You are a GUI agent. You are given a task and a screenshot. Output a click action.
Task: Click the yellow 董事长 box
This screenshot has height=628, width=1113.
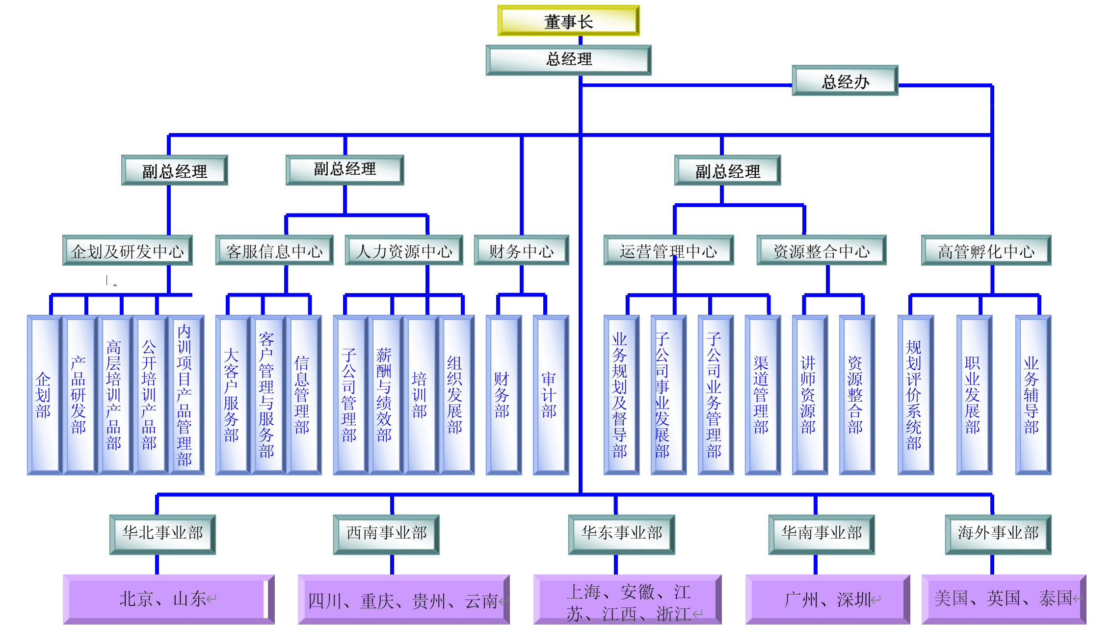(x=568, y=21)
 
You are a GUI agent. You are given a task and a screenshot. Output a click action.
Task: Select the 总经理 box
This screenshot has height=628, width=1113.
(x=568, y=60)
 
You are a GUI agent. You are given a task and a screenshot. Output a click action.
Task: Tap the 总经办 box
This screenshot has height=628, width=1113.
(x=845, y=81)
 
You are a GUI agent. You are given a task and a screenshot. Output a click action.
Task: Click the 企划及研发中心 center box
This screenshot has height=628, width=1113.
(x=127, y=251)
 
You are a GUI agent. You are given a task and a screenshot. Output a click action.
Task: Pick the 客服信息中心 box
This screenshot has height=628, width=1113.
(x=274, y=251)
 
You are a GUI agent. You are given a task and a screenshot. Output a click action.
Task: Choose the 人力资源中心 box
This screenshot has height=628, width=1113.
(x=404, y=251)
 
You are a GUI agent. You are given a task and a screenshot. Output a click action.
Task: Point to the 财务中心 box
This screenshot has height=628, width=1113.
(x=521, y=251)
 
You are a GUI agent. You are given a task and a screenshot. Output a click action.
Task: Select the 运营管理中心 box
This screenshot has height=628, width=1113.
(x=668, y=251)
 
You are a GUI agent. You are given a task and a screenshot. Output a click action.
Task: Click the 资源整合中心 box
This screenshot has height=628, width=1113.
(x=821, y=251)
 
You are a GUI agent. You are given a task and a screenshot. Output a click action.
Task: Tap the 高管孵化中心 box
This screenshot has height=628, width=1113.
(x=986, y=251)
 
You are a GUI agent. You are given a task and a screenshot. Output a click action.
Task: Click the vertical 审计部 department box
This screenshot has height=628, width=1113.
(x=550, y=395)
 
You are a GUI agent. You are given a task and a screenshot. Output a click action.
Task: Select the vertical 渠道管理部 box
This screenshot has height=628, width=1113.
(x=762, y=395)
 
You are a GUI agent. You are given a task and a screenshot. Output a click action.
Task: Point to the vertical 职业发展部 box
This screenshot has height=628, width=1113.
(x=974, y=395)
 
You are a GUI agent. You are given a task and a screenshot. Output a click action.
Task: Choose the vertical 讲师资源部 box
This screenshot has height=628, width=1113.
(x=809, y=395)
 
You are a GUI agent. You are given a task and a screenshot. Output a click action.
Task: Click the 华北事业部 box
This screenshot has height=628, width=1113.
(x=162, y=534)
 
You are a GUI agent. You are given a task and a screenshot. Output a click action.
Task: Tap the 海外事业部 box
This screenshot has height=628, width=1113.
(x=998, y=534)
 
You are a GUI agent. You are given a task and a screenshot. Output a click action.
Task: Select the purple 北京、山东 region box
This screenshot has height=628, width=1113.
(x=168, y=599)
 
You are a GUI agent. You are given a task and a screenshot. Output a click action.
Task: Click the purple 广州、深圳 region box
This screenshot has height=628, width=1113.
(x=827, y=599)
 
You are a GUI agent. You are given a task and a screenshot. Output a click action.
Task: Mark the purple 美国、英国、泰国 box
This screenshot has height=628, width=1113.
(x=1003, y=599)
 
